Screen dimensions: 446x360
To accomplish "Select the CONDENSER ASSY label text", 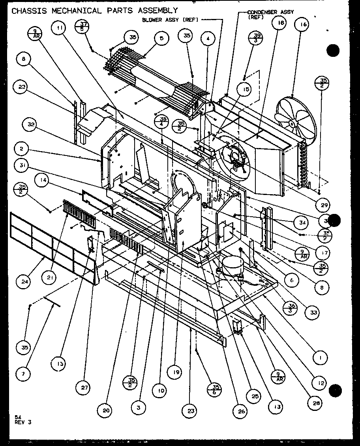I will [x=270, y=13].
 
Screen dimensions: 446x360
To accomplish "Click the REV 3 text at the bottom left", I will [x=23, y=422].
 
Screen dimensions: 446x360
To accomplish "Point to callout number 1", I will [x=320, y=358].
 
